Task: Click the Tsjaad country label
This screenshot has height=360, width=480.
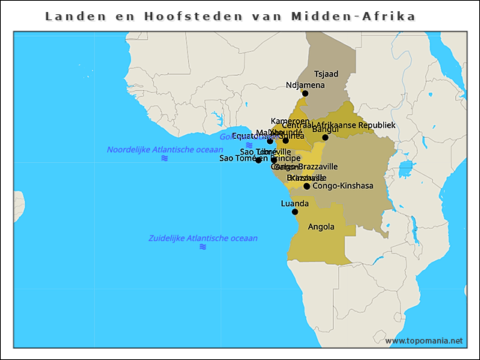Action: pyautogui.click(x=326, y=74)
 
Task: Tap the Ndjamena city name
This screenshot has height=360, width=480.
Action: pyautogui.click(x=305, y=85)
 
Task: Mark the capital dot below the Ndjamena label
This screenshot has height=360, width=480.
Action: pyautogui.click(x=305, y=94)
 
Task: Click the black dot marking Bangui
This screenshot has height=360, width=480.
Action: pyautogui.click(x=325, y=137)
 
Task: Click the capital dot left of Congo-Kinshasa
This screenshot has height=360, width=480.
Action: pyautogui.click(x=307, y=186)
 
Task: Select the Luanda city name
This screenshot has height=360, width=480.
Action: pyautogui.click(x=295, y=203)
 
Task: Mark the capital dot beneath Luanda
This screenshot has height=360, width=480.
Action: pyautogui.click(x=295, y=212)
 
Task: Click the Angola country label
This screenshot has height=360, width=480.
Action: pyautogui.click(x=322, y=226)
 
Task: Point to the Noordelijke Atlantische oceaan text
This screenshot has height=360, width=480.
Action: pyautogui.click(x=164, y=149)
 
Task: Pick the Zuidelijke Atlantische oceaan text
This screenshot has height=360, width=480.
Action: pyautogui.click(x=202, y=238)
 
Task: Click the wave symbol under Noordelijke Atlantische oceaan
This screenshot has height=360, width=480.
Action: pyautogui.click(x=164, y=158)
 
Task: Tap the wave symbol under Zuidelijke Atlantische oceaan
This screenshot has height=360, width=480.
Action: pyautogui.click(x=202, y=247)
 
